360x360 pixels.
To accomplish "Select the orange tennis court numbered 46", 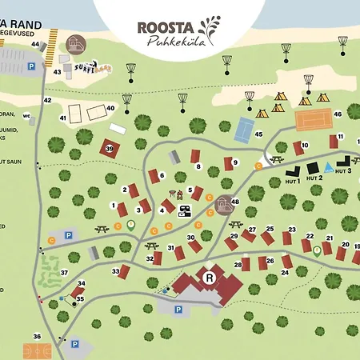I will click(x=313, y=120).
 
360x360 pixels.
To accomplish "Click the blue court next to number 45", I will click(x=243, y=128).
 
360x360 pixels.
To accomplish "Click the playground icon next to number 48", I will click(x=224, y=206).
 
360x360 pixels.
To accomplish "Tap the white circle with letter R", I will click(x=210, y=278).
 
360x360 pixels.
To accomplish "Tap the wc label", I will click(x=26, y=116).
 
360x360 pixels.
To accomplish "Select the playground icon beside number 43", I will click(x=76, y=44).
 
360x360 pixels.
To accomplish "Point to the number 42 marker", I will click(x=47, y=100).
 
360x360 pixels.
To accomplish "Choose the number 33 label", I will click(x=116, y=272).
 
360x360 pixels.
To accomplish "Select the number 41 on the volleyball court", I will click(x=62, y=118).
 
